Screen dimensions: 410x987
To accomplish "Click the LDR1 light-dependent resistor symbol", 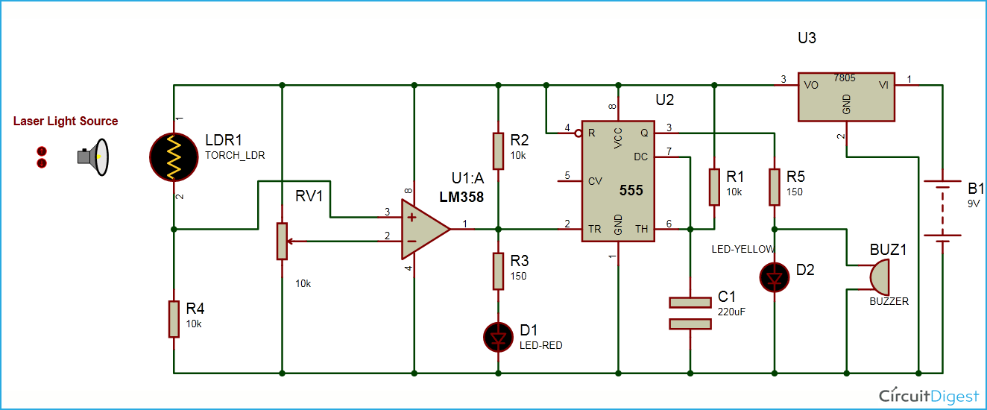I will [174, 157].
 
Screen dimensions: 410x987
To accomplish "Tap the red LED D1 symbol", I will [499, 338].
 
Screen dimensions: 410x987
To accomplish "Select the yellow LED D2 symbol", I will [775, 278].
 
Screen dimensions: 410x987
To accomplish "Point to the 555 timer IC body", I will [618, 181].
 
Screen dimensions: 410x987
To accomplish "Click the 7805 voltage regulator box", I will [846, 96].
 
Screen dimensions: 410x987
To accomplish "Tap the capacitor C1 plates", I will [691, 313].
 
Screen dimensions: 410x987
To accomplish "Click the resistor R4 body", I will [174, 319].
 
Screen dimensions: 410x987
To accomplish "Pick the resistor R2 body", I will [499, 151].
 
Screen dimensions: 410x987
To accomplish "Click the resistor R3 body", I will [499, 271].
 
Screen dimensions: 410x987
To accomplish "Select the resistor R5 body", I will [775, 186].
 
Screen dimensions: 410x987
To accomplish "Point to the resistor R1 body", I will [714, 186].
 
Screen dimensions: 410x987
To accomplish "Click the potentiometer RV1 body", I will [282, 241].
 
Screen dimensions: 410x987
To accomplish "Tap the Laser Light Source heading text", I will [66, 121].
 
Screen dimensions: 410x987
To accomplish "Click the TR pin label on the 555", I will [594, 229].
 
